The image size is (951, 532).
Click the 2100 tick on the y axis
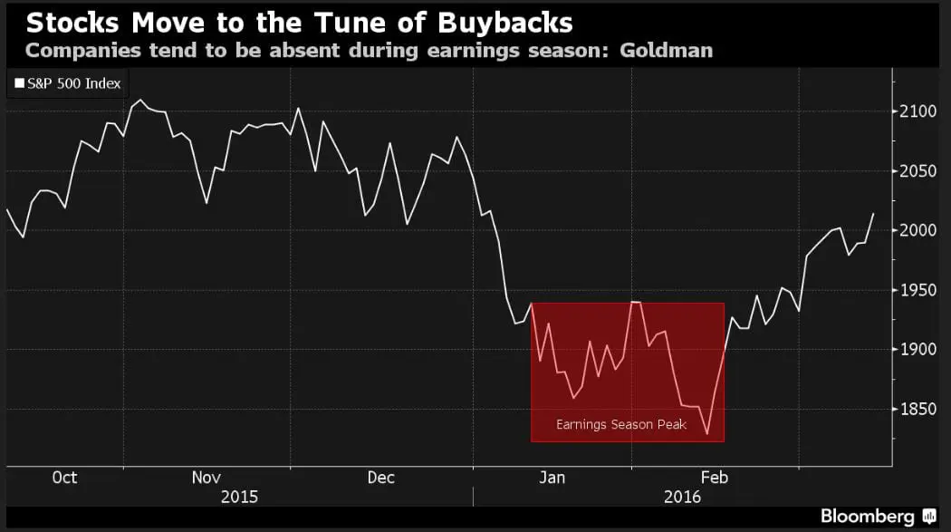(x=918, y=111)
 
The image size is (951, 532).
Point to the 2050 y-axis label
(x=918, y=171)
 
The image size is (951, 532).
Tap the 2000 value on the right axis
(x=918, y=230)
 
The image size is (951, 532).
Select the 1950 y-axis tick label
(x=918, y=290)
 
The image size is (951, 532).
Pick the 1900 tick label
(x=918, y=350)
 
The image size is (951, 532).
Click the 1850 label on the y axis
(x=918, y=410)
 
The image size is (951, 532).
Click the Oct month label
(x=64, y=478)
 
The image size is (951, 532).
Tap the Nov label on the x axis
(x=207, y=478)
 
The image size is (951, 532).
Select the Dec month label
(x=380, y=478)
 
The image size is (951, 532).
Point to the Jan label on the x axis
(x=552, y=478)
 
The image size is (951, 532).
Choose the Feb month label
(x=715, y=478)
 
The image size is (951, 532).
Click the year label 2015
(x=239, y=497)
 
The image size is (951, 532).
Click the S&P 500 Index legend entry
(x=69, y=84)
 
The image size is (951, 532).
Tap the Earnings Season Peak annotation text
(x=621, y=424)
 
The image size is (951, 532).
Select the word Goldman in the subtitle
(x=666, y=50)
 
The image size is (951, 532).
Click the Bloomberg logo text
(x=867, y=516)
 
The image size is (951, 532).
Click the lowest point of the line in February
(x=707, y=434)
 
